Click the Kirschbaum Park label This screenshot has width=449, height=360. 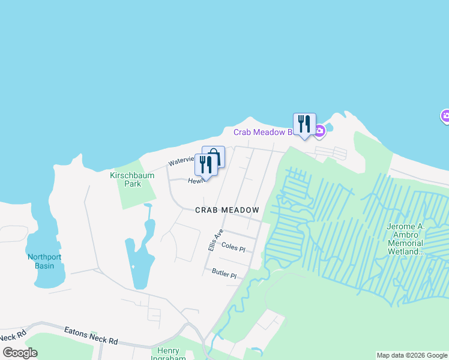(132, 179)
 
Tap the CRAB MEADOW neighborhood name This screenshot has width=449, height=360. (228, 210)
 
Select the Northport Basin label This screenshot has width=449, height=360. (44, 261)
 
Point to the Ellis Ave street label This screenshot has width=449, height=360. (215, 240)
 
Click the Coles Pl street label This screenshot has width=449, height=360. (234, 247)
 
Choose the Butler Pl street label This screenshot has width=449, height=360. (224, 274)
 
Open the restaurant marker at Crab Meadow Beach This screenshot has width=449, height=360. (304, 124)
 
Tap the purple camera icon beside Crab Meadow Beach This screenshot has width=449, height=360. (320, 130)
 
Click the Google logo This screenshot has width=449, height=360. (20, 353)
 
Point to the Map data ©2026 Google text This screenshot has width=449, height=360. (412, 355)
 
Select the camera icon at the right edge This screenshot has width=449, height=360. (445, 116)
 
